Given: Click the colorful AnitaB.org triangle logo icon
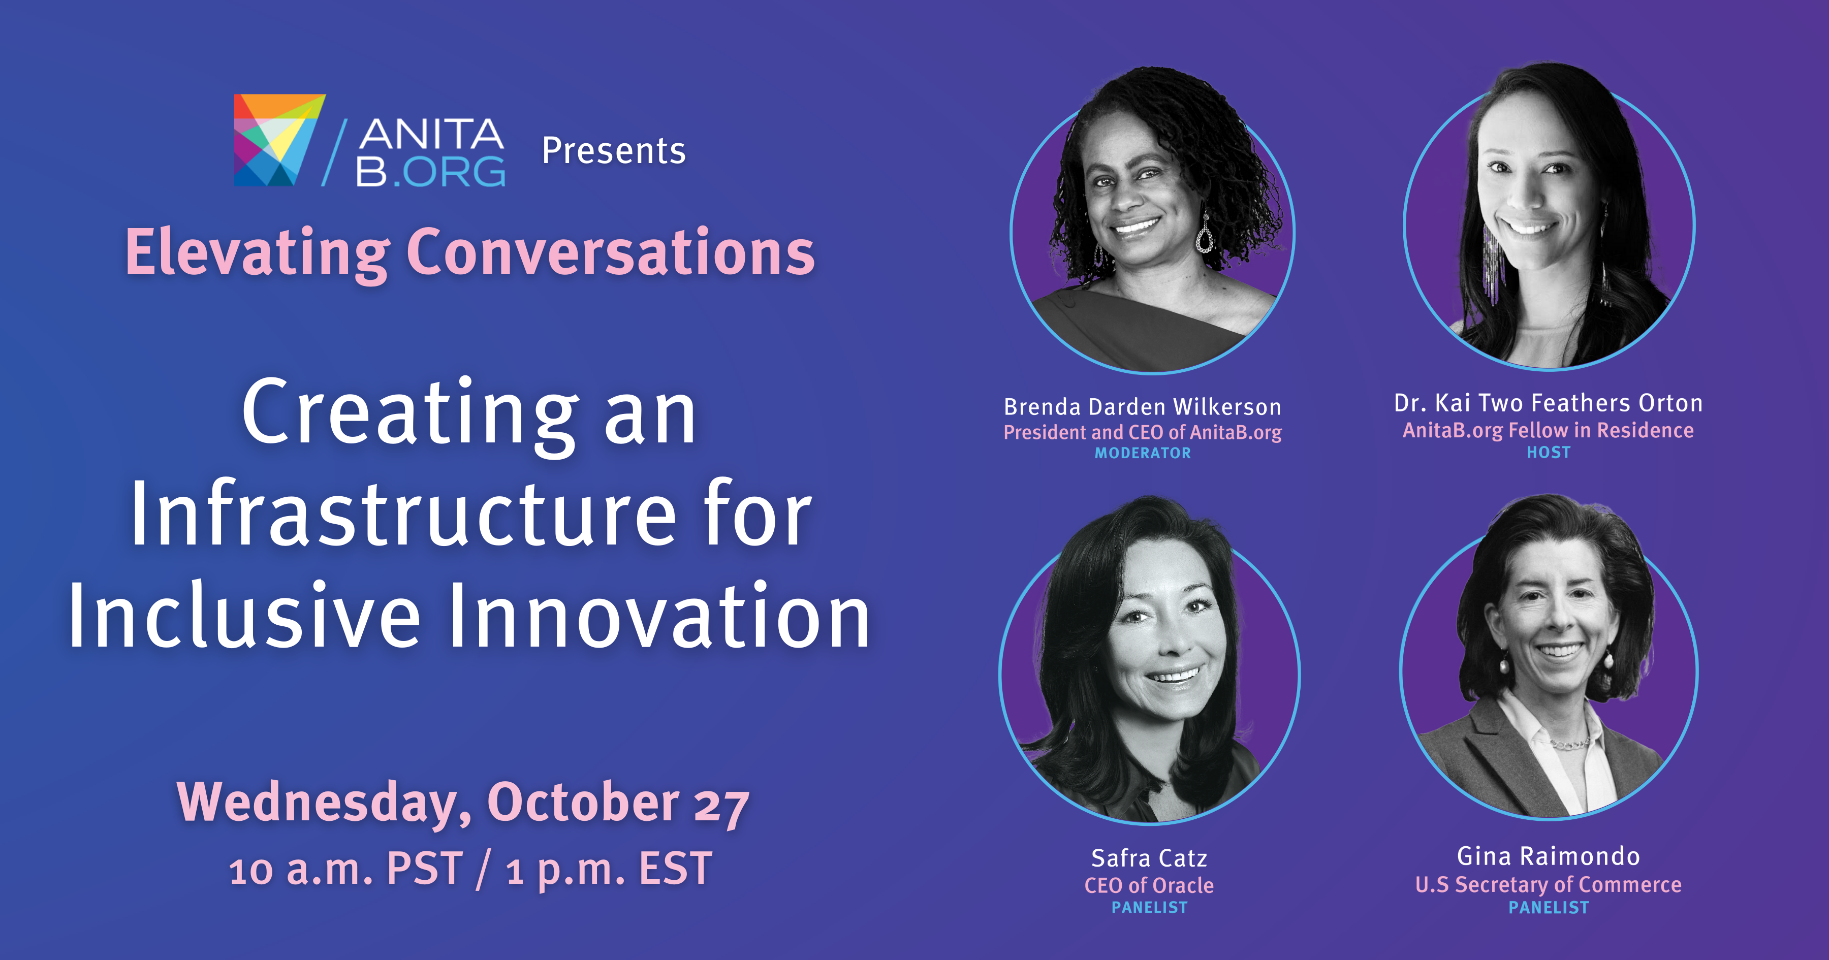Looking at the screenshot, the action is tap(279, 140).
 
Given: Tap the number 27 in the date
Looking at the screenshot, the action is tap(720, 806).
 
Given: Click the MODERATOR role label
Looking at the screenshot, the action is tap(1143, 453).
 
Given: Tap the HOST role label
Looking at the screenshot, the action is tap(1549, 452).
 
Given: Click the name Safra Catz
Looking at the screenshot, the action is tap(1149, 858).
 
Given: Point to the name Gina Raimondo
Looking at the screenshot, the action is tap(1549, 856).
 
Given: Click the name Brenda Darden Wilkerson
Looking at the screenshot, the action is tap(1143, 407).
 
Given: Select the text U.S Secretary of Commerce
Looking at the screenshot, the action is tap(1549, 885).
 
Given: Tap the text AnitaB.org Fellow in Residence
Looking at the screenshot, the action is tap(1549, 430).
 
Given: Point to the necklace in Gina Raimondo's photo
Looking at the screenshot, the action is tap(1570, 744).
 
